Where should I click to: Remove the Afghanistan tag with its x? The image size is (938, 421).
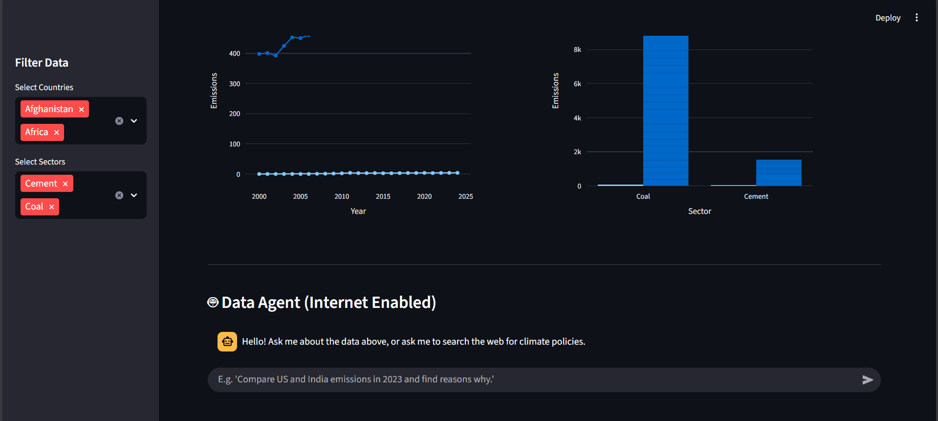point(81,109)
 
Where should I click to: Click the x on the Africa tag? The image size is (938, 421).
point(56,132)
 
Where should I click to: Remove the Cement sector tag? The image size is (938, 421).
point(65,184)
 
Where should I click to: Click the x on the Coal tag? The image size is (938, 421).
point(51,207)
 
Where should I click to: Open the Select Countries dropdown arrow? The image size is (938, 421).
point(134,121)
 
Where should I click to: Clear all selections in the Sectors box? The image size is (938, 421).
point(119,195)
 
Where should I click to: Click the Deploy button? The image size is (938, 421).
point(888,18)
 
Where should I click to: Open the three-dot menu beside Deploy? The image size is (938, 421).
point(916,18)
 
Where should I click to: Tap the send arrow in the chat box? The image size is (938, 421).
point(867,380)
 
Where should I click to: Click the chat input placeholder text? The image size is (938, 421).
point(356,379)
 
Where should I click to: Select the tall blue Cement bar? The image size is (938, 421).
point(778,173)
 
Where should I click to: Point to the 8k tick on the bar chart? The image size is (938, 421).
point(577,49)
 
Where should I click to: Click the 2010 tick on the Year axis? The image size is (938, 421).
point(342,196)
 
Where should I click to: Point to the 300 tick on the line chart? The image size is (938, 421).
point(235,84)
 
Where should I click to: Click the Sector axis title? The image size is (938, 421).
point(699,211)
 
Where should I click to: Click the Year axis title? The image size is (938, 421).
point(358,211)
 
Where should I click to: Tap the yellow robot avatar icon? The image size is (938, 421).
point(227,342)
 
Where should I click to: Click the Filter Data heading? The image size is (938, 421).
point(42,63)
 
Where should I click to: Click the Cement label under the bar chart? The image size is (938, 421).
point(756,196)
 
